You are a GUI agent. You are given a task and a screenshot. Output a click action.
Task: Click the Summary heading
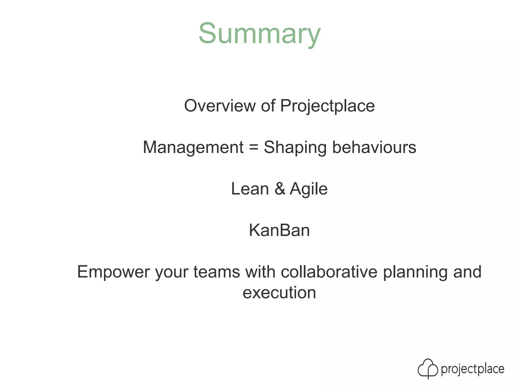pyautogui.click(x=259, y=34)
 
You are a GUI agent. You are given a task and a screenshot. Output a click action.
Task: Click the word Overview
pyautogui.click(x=220, y=106)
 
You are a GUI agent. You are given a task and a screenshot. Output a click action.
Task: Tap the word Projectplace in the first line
pyautogui.click(x=327, y=106)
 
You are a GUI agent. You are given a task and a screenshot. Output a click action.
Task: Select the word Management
pyautogui.click(x=193, y=147)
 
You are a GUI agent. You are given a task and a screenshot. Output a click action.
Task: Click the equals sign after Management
pyautogui.click(x=253, y=147)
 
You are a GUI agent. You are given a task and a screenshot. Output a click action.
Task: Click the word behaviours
pyautogui.click(x=374, y=147)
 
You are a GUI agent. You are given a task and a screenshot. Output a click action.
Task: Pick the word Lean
pyautogui.click(x=250, y=189)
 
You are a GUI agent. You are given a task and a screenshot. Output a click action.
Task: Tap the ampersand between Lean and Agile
pyautogui.click(x=280, y=189)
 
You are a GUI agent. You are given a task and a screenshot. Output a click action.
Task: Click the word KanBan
pyautogui.click(x=279, y=230)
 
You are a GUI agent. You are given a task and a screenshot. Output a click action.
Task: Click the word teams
pyautogui.click(x=217, y=272)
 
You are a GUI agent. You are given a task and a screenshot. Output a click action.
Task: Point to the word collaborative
pyautogui.click(x=329, y=272)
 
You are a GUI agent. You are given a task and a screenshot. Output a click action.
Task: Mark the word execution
pyautogui.click(x=279, y=293)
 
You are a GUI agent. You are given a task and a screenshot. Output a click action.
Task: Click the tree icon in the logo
pyautogui.click(x=428, y=368)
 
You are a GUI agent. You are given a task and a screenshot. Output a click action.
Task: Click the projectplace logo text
pyautogui.click(x=473, y=369)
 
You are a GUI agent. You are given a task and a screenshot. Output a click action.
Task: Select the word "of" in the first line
pyautogui.click(x=268, y=106)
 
